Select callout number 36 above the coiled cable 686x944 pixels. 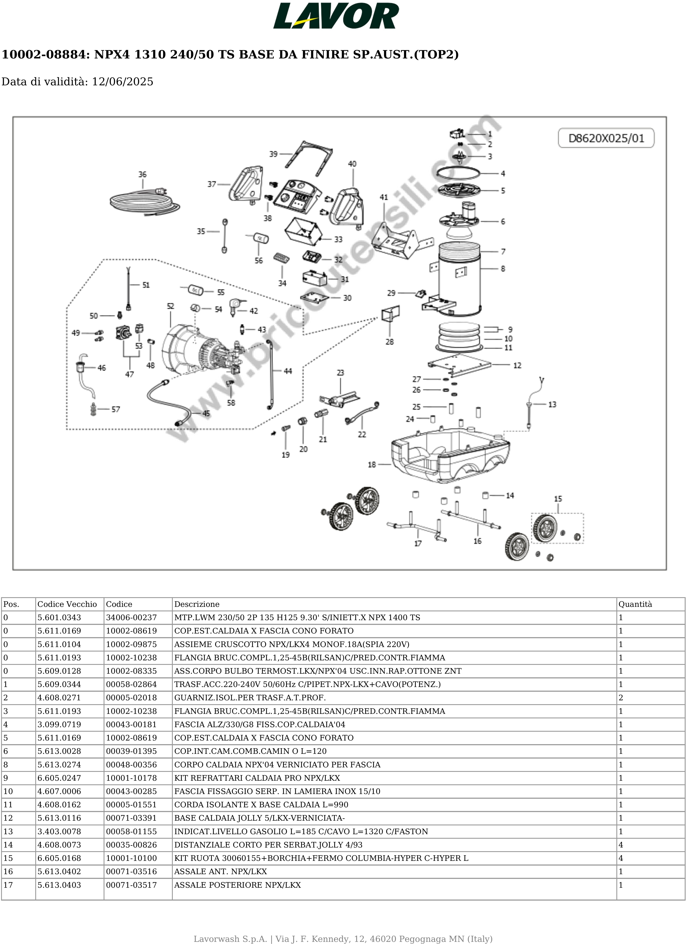pos(142,174)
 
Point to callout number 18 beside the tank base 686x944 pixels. pos(372,465)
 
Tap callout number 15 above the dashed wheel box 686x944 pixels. pos(558,499)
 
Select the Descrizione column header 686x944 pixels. pos(196,604)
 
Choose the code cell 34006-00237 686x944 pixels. pos(131,617)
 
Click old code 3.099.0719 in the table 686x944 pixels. pos(59,724)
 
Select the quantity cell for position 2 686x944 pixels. pos(621,698)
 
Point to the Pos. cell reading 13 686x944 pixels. pos(8,831)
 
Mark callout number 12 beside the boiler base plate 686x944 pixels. pos(517,366)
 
